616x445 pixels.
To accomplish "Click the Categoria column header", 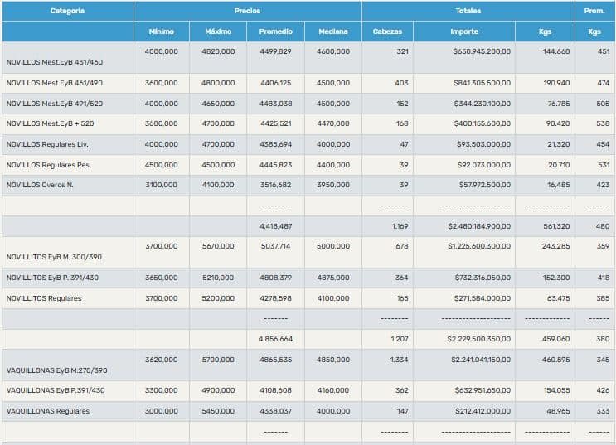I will (x=67, y=11).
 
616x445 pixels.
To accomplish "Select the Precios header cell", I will (x=247, y=11).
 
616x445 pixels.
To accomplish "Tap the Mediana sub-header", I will (x=333, y=31).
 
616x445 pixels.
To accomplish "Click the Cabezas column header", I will (x=387, y=31).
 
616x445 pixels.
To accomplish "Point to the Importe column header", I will (x=464, y=31).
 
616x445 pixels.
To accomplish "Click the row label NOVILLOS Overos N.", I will (x=40, y=185).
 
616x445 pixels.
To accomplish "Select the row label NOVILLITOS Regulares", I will (x=44, y=298).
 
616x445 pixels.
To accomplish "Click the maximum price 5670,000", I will (x=218, y=246).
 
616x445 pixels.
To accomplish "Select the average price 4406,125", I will (x=275, y=83).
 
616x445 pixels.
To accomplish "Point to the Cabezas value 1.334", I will (x=399, y=360).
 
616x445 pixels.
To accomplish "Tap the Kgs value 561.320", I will (x=555, y=225).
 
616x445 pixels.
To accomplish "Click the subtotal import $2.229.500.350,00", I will (x=478, y=338).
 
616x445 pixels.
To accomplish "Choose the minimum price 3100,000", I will (x=161, y=185).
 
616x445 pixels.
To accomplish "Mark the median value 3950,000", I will (x=333, y=185).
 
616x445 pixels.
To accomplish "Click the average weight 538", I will (x=603, y=123).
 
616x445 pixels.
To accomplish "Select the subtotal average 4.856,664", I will (x=275, y=338).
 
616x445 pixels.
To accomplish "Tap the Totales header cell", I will (x=468, y=11).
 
